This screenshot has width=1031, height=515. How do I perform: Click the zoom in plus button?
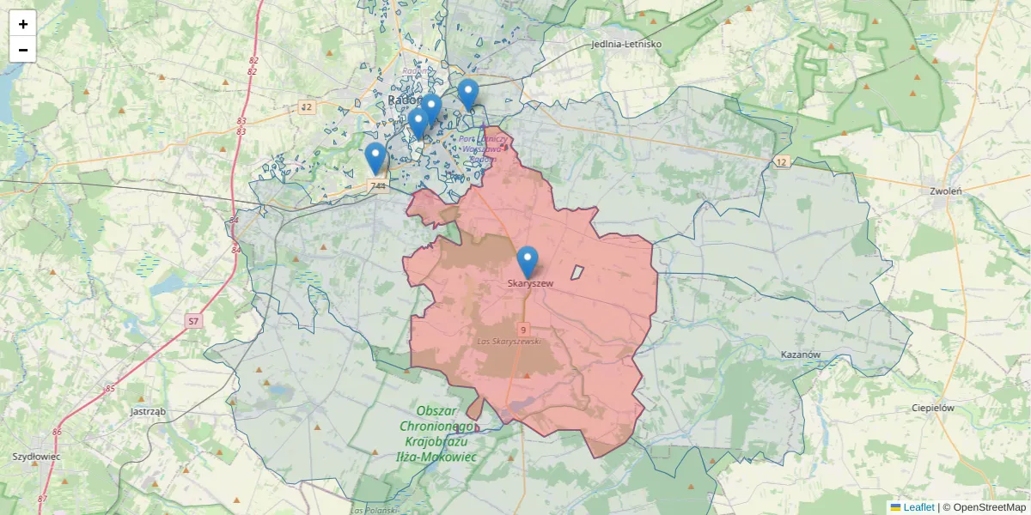pos(23,24)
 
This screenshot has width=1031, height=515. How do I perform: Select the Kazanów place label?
pos(802,354)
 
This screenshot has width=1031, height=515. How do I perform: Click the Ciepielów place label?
pos(933,408)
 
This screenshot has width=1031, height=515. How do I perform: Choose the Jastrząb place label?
pos(148,411)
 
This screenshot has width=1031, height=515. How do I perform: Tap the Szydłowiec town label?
pos(36,457)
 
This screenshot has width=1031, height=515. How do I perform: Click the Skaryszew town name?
pos(531,283)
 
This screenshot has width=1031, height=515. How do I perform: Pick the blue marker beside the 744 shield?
pos(375,158)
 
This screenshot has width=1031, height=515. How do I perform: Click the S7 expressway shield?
pos(193,321)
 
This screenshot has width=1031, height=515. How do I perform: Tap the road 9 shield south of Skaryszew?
pos(522,329)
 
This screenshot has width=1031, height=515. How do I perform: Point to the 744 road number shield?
pos(377,185)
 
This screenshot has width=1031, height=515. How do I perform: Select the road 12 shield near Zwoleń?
pos(780,162)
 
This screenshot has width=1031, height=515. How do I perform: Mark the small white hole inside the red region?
pos(577,272)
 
